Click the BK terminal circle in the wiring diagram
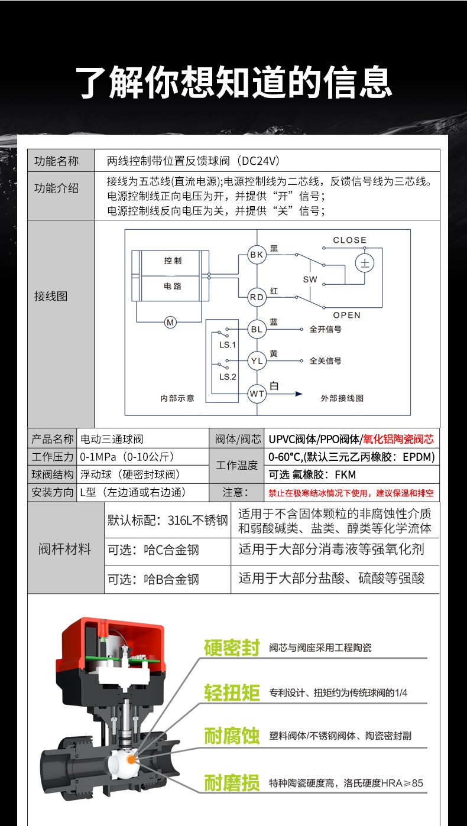click(x=257, y=255)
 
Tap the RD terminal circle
click(x=257, y=297)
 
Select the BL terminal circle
click(x=257, y=329)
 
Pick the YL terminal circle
click(x=257, y=361)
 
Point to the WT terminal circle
click(x=257, y=394)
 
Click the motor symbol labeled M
click(x=170, y=322)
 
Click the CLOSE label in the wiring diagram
click(x=350, y=240)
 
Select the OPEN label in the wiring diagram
click(x=346, y=315)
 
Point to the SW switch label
click(x=310, y=279)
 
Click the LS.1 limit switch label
click(x=228, y=344)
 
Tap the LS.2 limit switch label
click(x=228, y=376)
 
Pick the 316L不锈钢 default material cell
click(x=167, y=521)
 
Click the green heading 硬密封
click(x=232, y=648)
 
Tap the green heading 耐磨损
click(x=232, y=783)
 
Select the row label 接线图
click(x=51, y=296)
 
